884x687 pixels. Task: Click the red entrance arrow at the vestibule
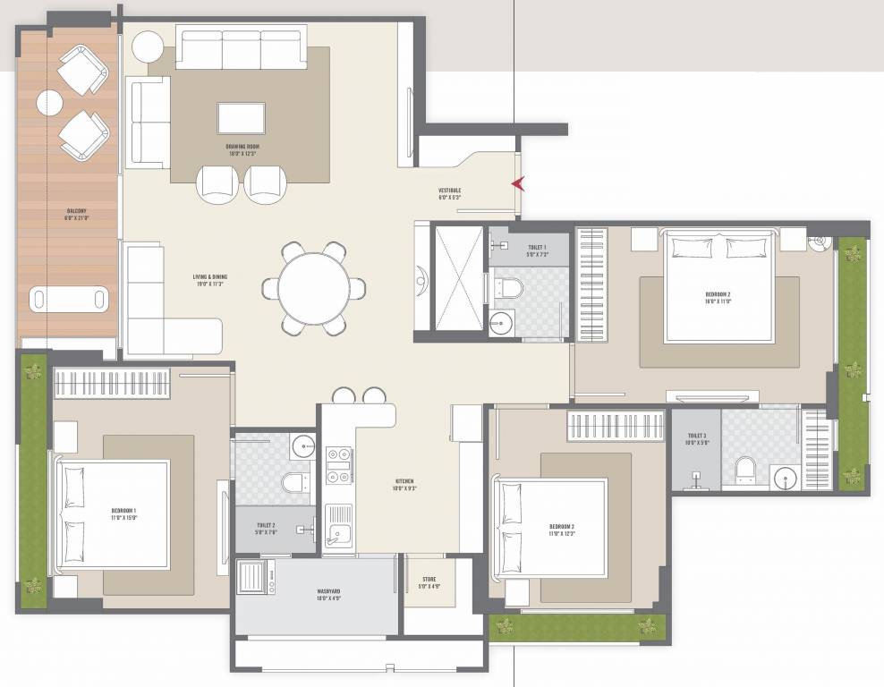click(x=516, y=184)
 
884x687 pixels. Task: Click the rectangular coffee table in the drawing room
click(x=242, y=118)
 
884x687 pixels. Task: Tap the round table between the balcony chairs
click(x=49, y=103)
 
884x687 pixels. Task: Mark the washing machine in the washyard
click(x=253, y=578)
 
